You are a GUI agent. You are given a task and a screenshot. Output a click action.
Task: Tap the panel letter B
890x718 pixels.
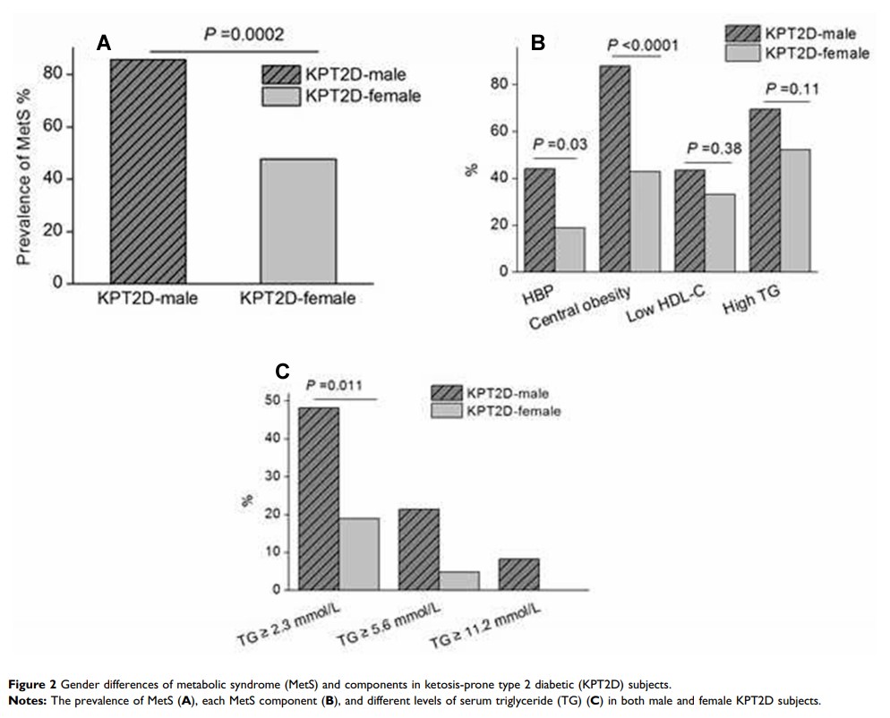click(x=538, y=42)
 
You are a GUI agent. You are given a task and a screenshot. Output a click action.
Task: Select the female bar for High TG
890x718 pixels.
click(x=794, y=210)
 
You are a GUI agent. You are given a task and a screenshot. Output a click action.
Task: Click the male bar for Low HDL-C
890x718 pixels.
click(x=689, y=220)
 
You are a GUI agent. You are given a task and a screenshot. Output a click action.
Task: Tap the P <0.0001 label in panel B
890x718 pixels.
click(x=642, y=46)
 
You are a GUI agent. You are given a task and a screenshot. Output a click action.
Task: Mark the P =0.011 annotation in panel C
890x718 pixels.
click(x=336, y=385)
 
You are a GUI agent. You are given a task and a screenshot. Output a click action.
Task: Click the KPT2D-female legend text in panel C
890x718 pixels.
click(x=513, y=411)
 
